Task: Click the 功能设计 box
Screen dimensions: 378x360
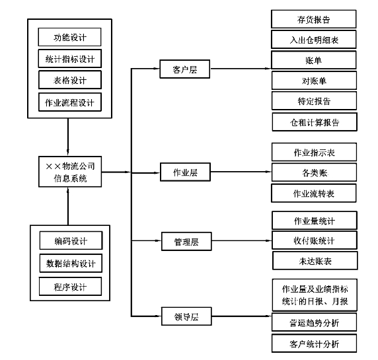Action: coord(69,37)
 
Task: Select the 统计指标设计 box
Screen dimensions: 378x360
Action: coord(69,59)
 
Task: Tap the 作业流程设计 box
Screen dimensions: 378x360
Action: coord(70,102)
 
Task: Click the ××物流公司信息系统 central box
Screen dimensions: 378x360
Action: coord(70,172)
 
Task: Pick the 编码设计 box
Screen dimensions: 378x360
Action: coord(71,240)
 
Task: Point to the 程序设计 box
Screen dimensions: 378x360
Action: coord(70,286)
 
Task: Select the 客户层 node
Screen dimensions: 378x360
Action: coord(184,69)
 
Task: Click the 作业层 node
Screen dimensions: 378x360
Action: coord(185,172)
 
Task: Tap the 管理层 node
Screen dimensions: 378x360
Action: coord(186,242)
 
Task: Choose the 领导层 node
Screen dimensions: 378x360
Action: coord(186,316)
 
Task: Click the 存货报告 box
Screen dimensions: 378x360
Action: coord(314,19)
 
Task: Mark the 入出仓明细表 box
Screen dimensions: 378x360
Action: coord(314,39)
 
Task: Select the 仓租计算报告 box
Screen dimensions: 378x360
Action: coord(315,122)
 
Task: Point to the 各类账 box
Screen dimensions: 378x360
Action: coord(314,172)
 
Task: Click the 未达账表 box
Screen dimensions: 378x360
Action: coord(315,260)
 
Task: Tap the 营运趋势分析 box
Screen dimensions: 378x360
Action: coord(314,322)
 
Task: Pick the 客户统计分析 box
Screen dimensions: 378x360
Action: coord(314,343)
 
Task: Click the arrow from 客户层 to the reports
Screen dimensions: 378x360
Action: coord(241,69)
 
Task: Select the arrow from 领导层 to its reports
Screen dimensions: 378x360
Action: coord(242,316)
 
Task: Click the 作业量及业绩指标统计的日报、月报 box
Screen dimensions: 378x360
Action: coord(315,295)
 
